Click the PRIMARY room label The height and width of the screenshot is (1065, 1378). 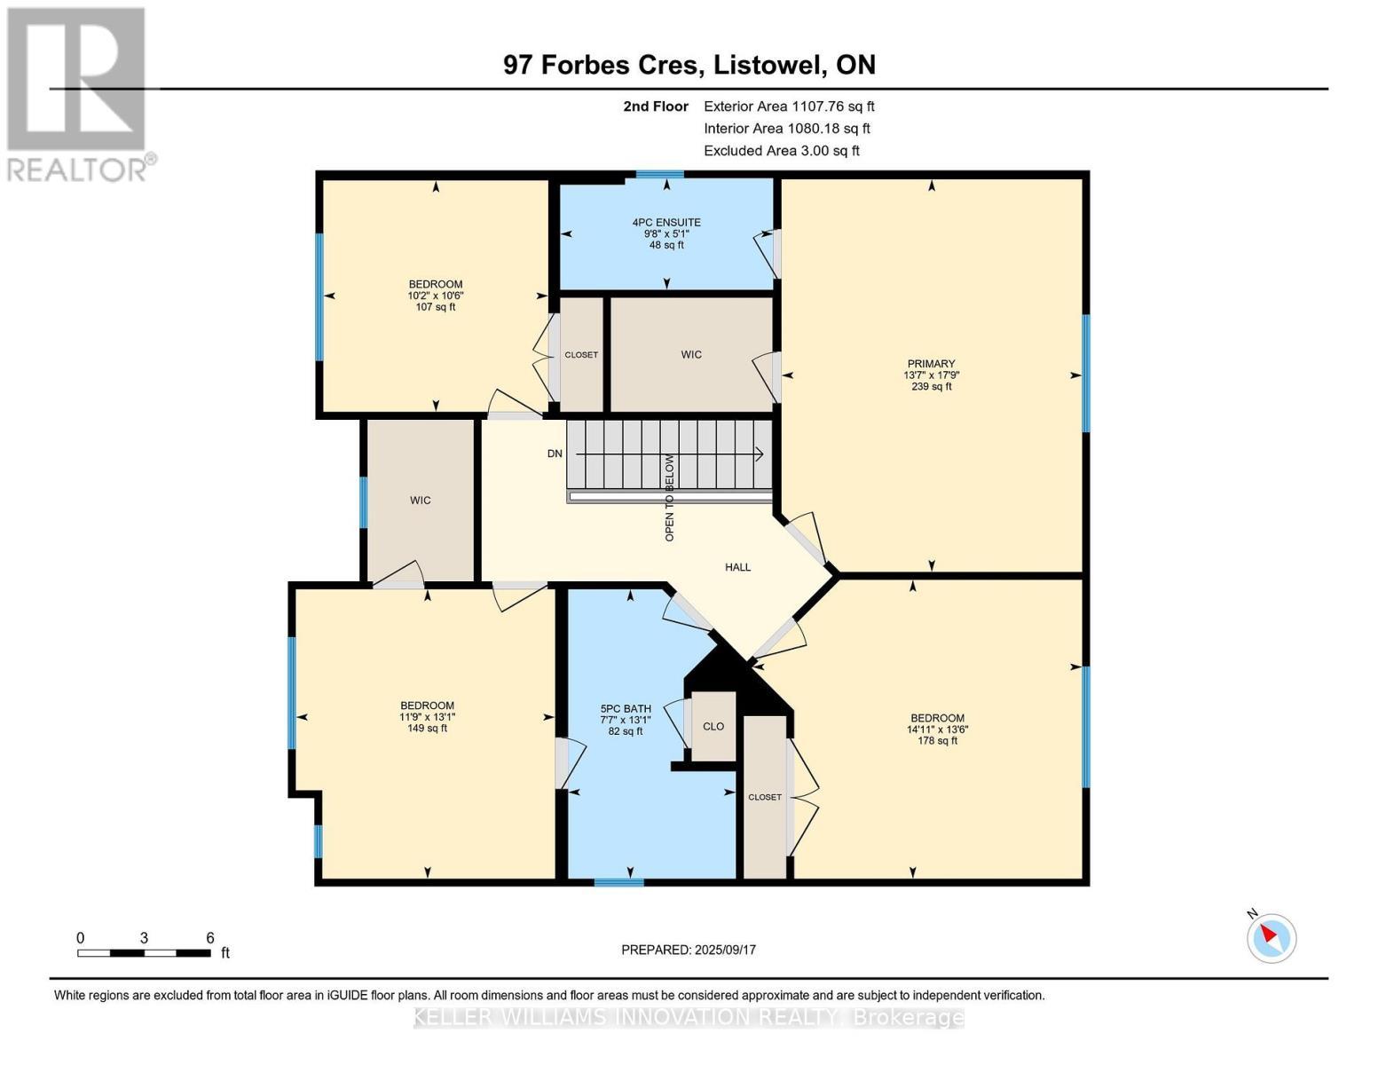tap(931, 364)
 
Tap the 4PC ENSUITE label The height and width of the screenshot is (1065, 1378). tap(666, 223)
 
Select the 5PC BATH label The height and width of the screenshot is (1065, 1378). tap(626, 709)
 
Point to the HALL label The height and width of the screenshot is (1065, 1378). tap(737, 567)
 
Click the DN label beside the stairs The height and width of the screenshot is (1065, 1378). tap(555, 454)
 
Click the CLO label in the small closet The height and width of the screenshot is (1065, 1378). tap(713, 726)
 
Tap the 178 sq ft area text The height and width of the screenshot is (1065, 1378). tap(937, 741)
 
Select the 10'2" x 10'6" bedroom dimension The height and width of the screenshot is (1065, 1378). tap(436, 296)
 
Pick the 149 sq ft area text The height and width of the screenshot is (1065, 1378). tap(427, 729)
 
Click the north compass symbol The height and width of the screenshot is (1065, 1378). tap(1272, 937)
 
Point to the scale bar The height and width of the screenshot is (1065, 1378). tap(144, 953)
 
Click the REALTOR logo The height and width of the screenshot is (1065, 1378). tap(78, 93)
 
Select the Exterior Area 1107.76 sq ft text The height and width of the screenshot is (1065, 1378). tap(789, 106)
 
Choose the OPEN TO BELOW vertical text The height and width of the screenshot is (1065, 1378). tap(670, 498)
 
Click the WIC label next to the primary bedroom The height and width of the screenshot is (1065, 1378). tap(691, 354)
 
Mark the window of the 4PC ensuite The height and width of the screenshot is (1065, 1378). tap(660, 175)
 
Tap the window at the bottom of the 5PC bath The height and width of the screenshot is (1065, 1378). tap(618, 882)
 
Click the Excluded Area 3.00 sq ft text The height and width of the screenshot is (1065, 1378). tap(781, 151)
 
